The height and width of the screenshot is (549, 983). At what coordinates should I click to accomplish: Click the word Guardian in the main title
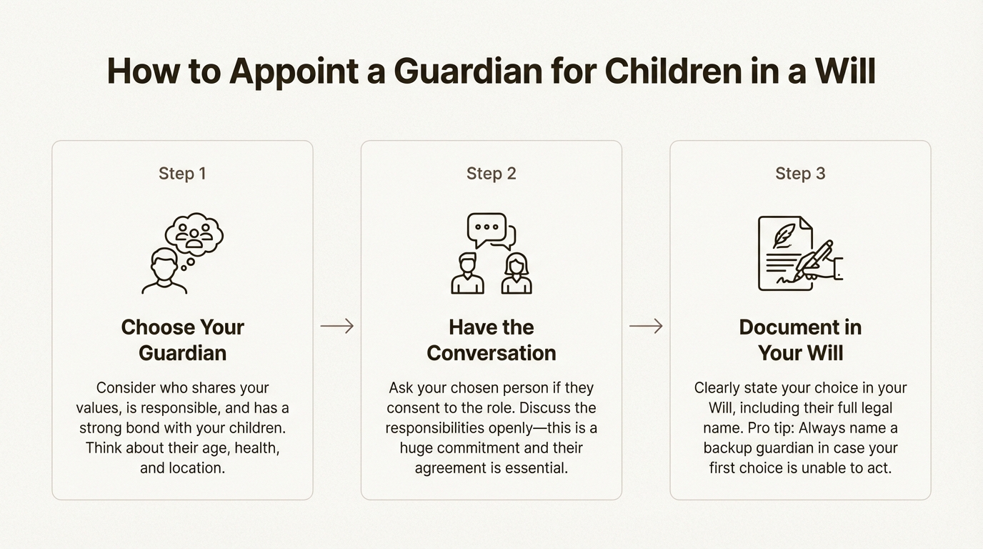click(468, 71)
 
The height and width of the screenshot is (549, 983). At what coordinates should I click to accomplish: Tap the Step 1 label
click(182, 174)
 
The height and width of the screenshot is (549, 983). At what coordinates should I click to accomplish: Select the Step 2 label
click(491, 174)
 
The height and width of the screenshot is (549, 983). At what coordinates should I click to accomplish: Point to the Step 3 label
click(800, 174)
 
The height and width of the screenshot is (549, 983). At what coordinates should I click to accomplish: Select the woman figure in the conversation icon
click(517, 273)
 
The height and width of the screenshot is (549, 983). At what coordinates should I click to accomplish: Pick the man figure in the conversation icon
click(467, 273)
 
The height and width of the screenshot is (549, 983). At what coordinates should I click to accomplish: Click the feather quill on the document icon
click(784, 236)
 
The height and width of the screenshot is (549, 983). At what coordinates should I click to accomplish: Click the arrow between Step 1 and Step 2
click(337, 326)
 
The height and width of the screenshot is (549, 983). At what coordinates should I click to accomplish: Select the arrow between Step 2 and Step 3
click(646, 326)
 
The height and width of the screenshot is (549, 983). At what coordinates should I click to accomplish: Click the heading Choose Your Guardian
click(183, 340)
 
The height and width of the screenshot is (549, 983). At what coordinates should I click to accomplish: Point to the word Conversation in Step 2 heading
click(491, 353)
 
